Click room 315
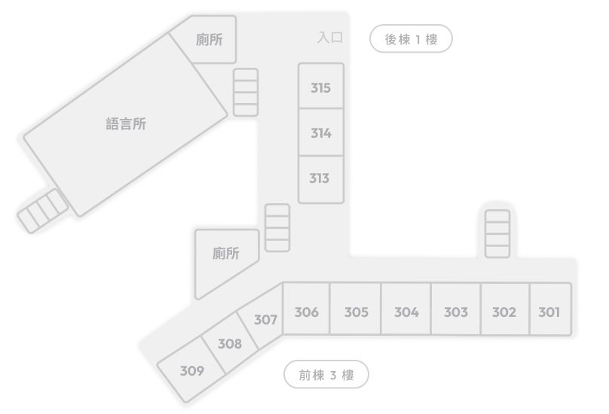321,86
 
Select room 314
321,132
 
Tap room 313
321,179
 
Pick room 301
550,309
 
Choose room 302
505,309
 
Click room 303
455,309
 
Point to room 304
405,309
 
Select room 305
356,309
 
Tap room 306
306,309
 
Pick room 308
230,342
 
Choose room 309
191,370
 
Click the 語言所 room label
126,124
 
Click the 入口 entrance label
330,38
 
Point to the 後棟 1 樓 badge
411,39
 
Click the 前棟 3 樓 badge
326,374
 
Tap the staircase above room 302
497,233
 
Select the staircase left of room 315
246,93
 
